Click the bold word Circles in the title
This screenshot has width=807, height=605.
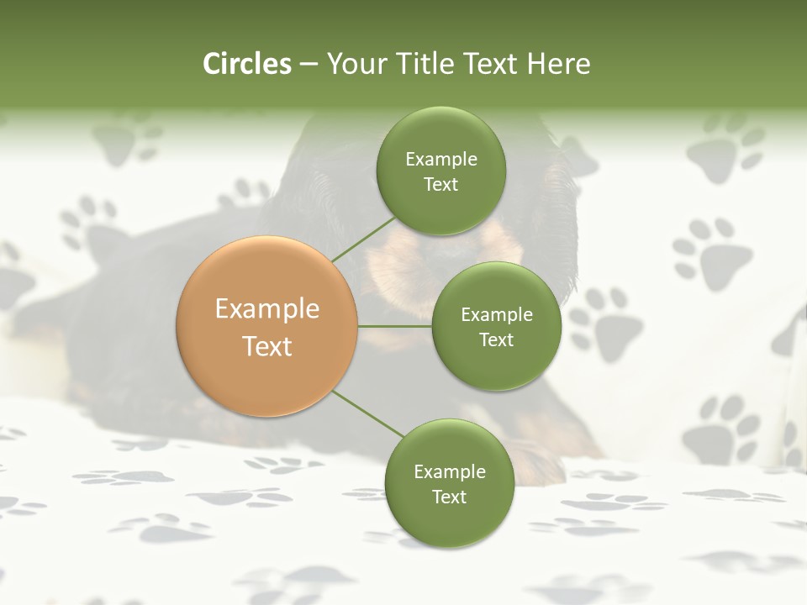246,64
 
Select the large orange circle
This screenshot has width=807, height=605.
267,326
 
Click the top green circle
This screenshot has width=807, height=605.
440,171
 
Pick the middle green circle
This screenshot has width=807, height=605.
496,326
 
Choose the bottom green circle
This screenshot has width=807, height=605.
449,483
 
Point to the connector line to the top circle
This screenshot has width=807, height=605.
364,239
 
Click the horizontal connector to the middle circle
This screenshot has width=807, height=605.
395,326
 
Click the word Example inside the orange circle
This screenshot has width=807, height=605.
267,308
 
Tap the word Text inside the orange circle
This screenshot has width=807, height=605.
267,345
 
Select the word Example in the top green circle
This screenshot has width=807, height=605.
440,159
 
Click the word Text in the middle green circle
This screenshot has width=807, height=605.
496,339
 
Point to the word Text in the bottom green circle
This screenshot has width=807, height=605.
449,497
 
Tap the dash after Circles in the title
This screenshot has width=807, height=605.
308,64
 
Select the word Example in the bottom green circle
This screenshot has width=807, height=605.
449,471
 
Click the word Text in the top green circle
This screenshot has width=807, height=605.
440,184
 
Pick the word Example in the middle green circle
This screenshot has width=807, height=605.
496,314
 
